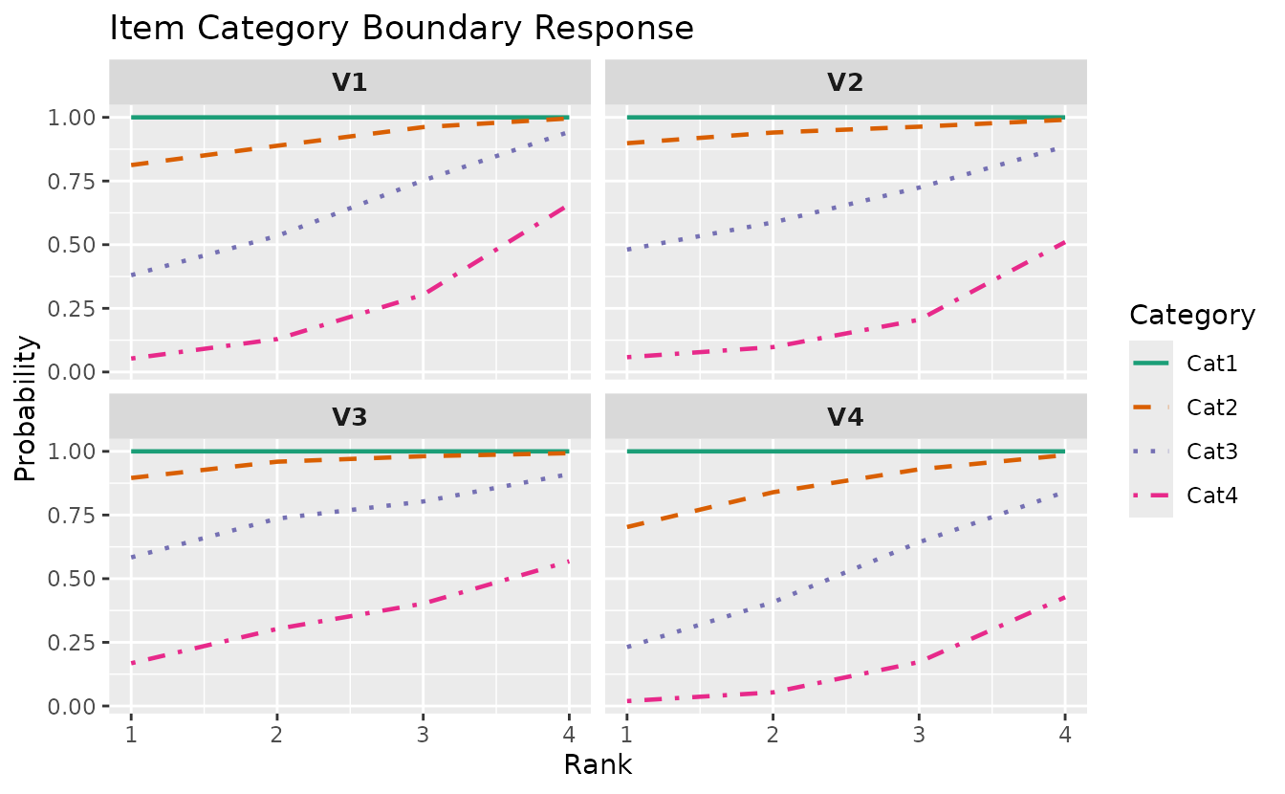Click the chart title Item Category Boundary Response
tap(402, 28)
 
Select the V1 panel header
tap(350, 82)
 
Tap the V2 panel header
tap(845, 82)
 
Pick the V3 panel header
tap(350, 416)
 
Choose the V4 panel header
tap(845, 416)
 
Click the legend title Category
tap(1191, 315)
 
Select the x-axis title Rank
tap(598, 765)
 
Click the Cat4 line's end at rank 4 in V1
tap(568, 205)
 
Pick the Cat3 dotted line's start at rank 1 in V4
tap(627, 648)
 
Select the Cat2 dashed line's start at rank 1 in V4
tap(627, 527)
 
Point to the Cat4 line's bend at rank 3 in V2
tap(919, 320)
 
